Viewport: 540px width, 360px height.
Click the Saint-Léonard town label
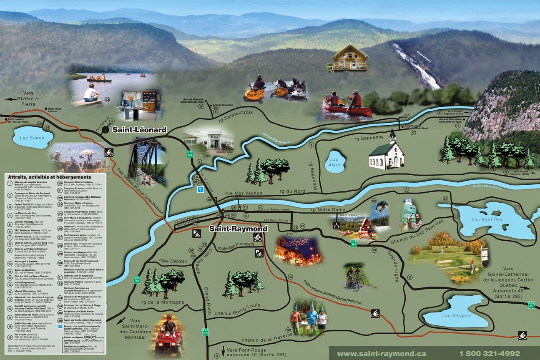[x=139, y=130]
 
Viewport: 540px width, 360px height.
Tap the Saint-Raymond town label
[x=238, y=229]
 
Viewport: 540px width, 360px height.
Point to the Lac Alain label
[x=334, y=162]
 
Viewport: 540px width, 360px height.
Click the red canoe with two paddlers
[x=347, y=106]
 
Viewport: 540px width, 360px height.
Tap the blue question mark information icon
[x=200, y=190]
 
